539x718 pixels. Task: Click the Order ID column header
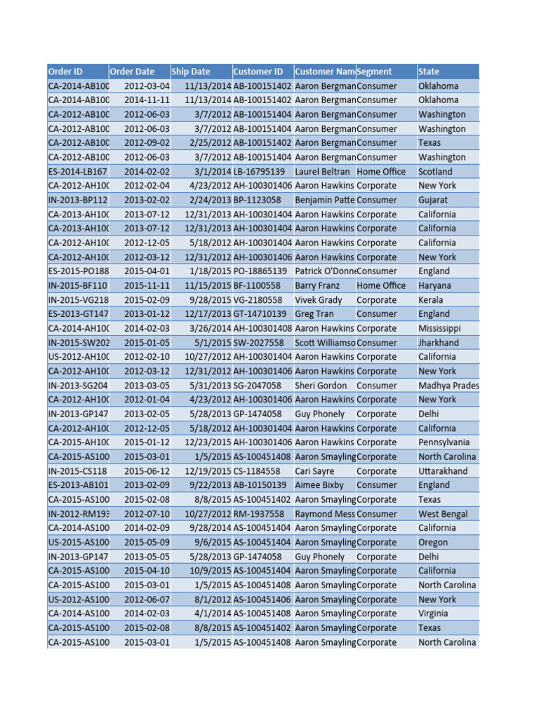(65, 72)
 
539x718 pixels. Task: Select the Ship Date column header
(190, 72)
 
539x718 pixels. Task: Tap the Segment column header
(375, 72)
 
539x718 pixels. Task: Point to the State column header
(429, 72)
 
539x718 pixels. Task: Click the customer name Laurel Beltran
(322, 171)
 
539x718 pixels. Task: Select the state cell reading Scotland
(435, 171)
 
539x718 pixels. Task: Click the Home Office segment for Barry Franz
(381, 285)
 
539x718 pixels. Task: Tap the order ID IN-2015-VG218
(78, 300)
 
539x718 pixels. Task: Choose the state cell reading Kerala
(432, 300)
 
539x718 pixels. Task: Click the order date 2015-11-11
(147, 285)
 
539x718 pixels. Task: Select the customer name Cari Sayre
(314, 471)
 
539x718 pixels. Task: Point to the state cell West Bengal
(445, 514)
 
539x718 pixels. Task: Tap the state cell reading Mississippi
(439, 328)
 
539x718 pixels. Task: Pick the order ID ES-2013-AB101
(78, 485)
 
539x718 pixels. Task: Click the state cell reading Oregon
(433, 543)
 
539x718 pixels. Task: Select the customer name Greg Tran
(314, 314)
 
